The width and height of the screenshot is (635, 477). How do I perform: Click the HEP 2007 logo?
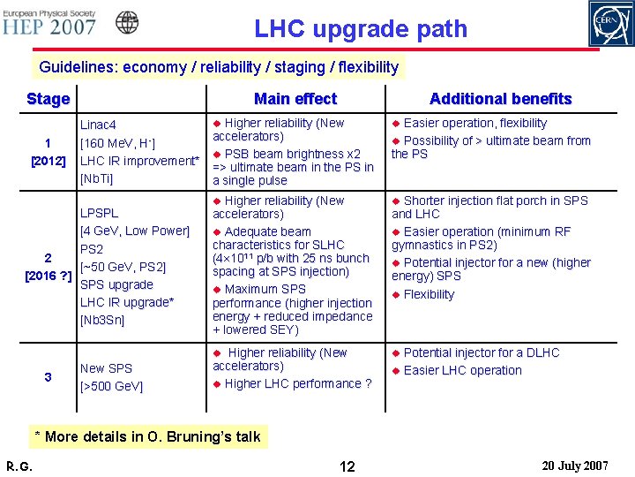pyautogui.click(x=51, y=24)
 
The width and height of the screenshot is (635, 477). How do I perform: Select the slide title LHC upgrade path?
pyautogui.click(x=361, y=29)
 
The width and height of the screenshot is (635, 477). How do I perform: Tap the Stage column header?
pyautogui.click(x=49, y=99)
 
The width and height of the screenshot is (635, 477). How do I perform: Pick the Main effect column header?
pyautogui.click(x=295, y=99)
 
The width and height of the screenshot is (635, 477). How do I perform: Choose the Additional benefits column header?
pyautogui.click(x=500, y=99)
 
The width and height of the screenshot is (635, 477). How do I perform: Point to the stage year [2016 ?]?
pyautogui.click(x=49, y=276)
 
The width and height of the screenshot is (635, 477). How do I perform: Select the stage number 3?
pyautogui.click(x=49, y=377)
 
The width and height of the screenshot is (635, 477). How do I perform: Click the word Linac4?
pyautogui.click(x=99, y=125)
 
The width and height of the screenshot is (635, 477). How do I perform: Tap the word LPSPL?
pyautogui.click(x=100, y=213)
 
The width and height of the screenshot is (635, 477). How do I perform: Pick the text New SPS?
pyautogui.click(x=106, y=368)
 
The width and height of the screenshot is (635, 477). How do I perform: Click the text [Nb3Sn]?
pyautogui.click(x=102, y=320)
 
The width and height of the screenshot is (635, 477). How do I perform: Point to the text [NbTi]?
pyautogui.click(x=97, y=178)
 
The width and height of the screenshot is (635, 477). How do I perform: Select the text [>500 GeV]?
pyautogui.click(x=111, y=386)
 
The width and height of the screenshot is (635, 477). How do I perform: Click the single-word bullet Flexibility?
pyautogui.click(x=429, y=294)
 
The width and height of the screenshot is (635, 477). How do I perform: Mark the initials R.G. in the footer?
pyautogui.click(x=19, y=465)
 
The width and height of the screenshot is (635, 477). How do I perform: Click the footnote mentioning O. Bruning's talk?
pyautogui.click(x=146, y=436)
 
